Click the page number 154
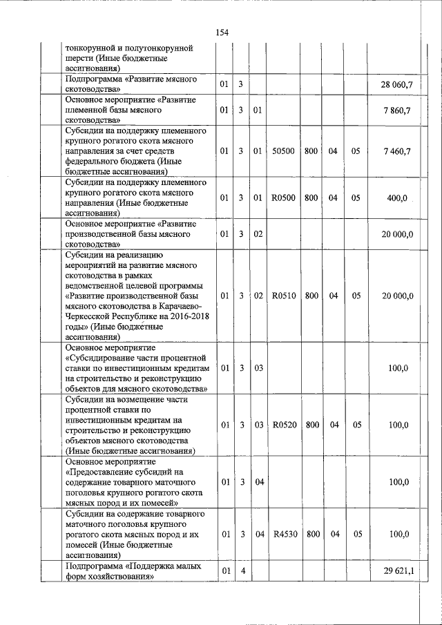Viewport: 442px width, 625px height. click(x=222, y=32)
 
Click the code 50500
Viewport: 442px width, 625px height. click(x=284, y=151)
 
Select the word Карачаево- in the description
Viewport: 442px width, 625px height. click(x=176, y=306)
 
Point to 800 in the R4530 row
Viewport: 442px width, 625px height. click(x=311, y=535)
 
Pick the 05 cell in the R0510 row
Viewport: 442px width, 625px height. click(x=356, y=296)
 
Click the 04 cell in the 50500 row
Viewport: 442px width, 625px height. click(x=333, y=151)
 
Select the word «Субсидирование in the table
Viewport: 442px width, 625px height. click(x=99, y=358)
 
